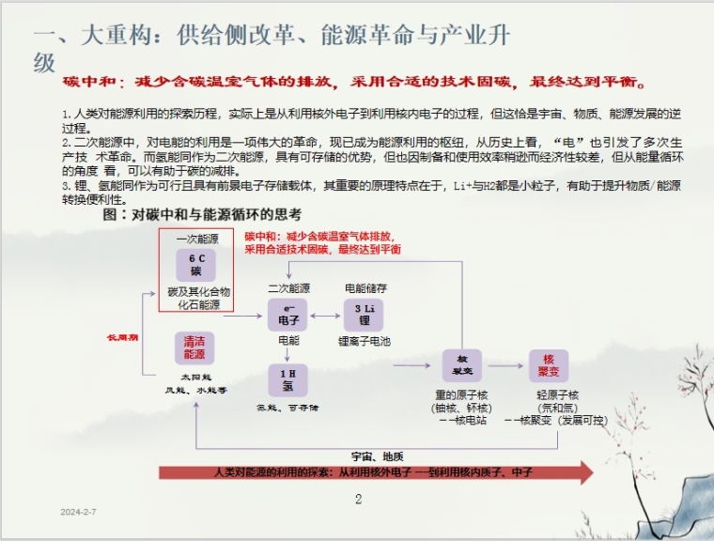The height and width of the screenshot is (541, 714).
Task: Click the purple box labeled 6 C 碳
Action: click(195, 264)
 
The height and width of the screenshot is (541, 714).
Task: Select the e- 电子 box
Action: click(288, 315)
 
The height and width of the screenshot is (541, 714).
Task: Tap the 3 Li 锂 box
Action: click(364, 315)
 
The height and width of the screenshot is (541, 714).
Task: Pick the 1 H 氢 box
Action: click(288, 380)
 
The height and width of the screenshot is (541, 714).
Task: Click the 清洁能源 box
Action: click(194, 348)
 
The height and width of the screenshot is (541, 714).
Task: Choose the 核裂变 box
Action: click(462, 364)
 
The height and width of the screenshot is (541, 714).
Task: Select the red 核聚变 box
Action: click(548, 364)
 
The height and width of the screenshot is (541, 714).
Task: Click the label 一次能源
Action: click(195, 240)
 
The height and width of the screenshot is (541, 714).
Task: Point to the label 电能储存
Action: click(365, 288)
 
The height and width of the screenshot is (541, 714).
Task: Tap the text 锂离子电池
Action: click(365, 341)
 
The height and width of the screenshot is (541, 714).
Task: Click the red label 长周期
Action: click(122, 336)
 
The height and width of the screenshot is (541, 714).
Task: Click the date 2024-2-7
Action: click(79, 512)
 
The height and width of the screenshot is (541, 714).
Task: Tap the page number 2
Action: click(358, 500)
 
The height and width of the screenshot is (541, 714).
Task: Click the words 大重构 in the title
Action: click(105, 37)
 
